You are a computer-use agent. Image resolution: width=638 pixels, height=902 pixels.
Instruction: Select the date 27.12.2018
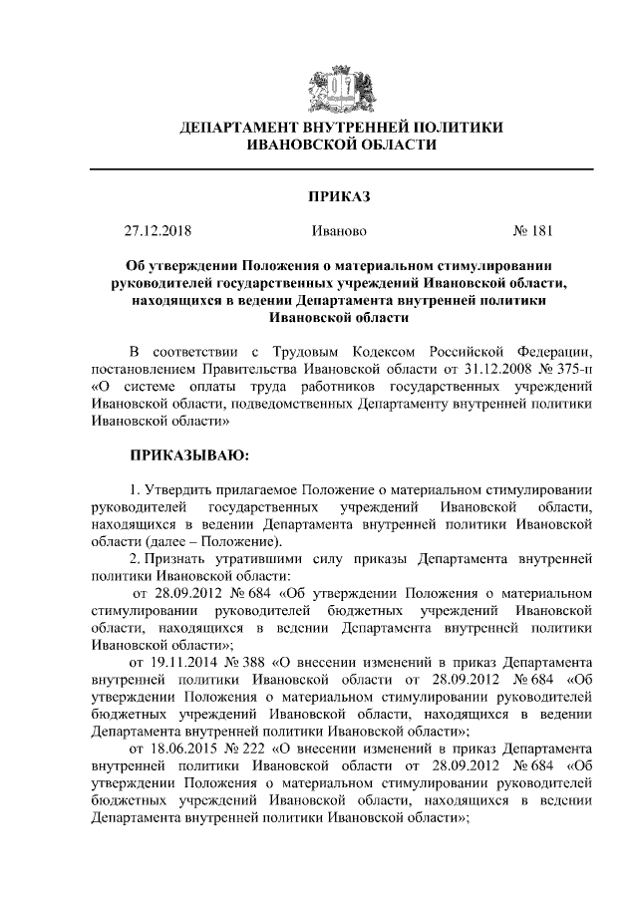[158, 232]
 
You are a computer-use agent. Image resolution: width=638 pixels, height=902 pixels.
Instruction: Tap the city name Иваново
[339, 232]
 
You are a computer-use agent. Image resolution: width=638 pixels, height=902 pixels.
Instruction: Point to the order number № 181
[532, 232]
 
